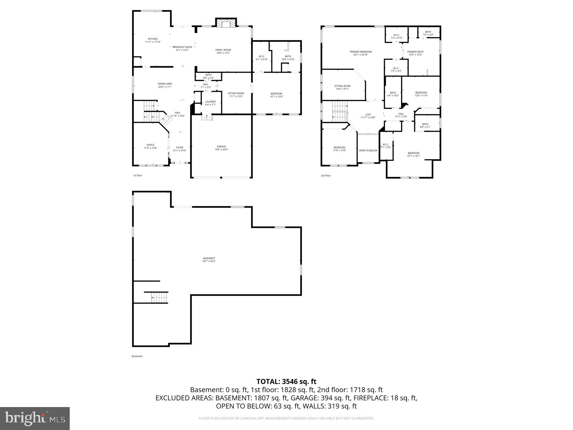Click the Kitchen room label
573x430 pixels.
pyautogui.click(x=152, y=39)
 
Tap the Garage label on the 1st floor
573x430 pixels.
pyautogui.click(x=221, y=147)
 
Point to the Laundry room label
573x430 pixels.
pyautogui.click(x=210, y=102)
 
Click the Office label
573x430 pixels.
pyautogui.click(x=150, y=145)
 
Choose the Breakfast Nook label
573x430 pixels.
pyautogui.click(x=182, y=47)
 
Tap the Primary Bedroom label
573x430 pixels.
pyautogui.click(x=360, y=52)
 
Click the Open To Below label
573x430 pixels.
pyautogui.click(x=368, y=151)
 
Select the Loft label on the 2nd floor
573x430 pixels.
pyautogui.click(x=368, y=115)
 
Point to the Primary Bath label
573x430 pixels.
pyautogui.click(x=415, y=52)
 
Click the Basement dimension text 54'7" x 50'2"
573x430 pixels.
pyautogui.click(x=209, y=261)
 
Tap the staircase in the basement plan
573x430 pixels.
pyautogui.click(x=159, y=297)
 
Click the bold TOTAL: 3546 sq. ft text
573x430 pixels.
pyautogui.click(x=286, y=381)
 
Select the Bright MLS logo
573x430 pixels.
pyautogui.click(x=35, y=418)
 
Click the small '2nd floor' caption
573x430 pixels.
pyautogui.click(x=326, y=176)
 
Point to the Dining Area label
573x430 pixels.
pyautogui.click(x=165, y=84)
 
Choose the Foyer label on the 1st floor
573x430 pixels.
pyautogui.click(x=180, y=147)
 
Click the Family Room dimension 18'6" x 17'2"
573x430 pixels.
pyautogui.click(x=223, y=53)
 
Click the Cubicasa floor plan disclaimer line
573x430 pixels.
pyautogui.click(x=286, y=418)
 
